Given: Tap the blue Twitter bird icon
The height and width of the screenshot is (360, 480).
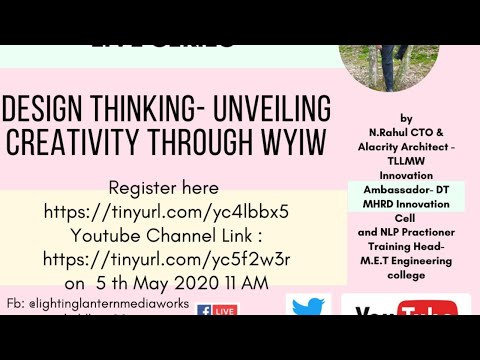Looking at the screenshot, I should coord(308,309).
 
